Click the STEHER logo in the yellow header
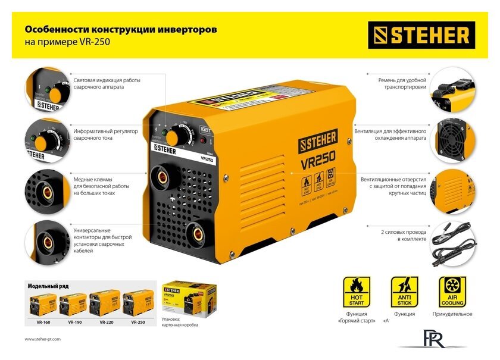click(x=421, y=35)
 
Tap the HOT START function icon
click(x=357, y=292)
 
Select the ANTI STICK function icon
click(x=404, y=292)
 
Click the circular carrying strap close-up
click(x=454, y=89)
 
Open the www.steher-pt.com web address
click(x=43, y=339)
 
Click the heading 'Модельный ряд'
click(x=47, y=286)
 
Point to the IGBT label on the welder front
click(x=205, y=127)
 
